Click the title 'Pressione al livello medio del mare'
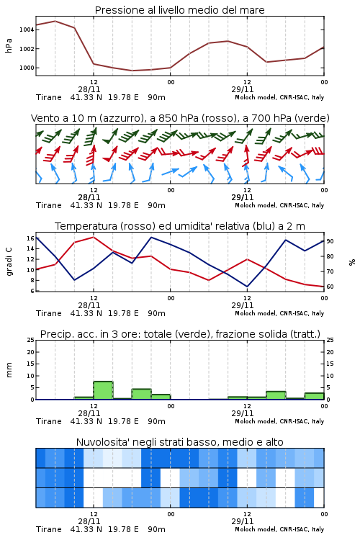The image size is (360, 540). coord(180,10)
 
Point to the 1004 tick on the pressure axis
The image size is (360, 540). coord(27,30)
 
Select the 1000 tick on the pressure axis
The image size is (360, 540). coord(27,68)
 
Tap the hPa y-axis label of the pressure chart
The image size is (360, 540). coord(9,45)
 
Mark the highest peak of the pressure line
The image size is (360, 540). coord(55,21)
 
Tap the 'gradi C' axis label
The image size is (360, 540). coord(9,261)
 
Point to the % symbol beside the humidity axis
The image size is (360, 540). coord(352,262)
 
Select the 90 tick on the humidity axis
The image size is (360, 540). coord(330,241)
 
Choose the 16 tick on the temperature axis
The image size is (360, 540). coord(30,238)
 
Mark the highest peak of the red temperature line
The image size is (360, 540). coord(94,237)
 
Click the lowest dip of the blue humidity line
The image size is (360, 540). coord(247,286)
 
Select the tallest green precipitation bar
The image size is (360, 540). coord(104,390)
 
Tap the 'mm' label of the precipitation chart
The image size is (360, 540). coord(9,370)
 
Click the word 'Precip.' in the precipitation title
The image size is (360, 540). coord(54,334)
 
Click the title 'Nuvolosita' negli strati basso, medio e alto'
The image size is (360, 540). coord(180,442)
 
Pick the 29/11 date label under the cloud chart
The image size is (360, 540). coord(243,521)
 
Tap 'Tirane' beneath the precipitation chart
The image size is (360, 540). coord(49,421)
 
